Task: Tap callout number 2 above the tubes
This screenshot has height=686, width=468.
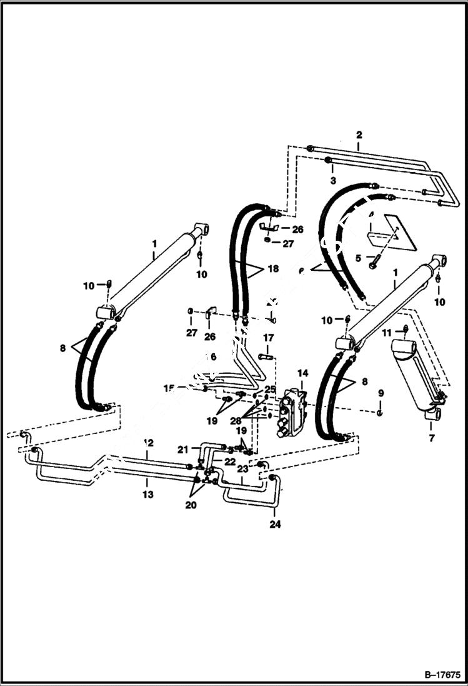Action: pos(359,134)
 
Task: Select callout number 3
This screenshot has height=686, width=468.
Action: pos(333,180)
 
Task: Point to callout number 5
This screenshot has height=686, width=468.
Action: pos(357,257)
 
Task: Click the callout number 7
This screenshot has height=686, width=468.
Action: pos(432,438)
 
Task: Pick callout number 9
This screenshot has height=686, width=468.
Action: pos(381,393)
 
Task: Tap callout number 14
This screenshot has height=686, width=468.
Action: pos(302,373)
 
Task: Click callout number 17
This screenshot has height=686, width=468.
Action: pos(267,338)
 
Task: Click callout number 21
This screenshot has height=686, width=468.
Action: pos(182,449)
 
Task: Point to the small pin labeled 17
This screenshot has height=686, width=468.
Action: pos(265,357)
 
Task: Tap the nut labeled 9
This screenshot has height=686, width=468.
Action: pos(380,413)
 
